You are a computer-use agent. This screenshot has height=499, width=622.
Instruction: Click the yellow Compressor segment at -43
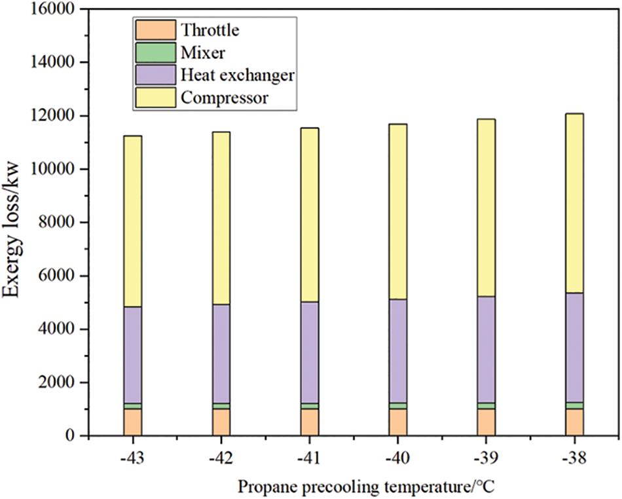pos(132,221)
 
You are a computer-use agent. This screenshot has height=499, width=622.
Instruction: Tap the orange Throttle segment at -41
pos(309,422)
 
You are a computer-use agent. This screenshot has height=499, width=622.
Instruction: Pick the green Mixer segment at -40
pos(397,406)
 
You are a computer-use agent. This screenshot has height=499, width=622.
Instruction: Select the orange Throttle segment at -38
pos(574,422)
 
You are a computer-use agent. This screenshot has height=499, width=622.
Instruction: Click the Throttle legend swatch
pos(155,29)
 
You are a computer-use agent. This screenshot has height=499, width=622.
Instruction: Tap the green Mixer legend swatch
pos(155,52)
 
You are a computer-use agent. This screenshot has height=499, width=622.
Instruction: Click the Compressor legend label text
pos(225,99)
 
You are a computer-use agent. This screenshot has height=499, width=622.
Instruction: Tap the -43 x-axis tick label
pos(132,456)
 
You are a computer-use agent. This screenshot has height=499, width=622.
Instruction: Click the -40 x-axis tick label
pos(397,456)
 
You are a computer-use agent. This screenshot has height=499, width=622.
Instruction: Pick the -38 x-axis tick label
pos(574,456)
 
